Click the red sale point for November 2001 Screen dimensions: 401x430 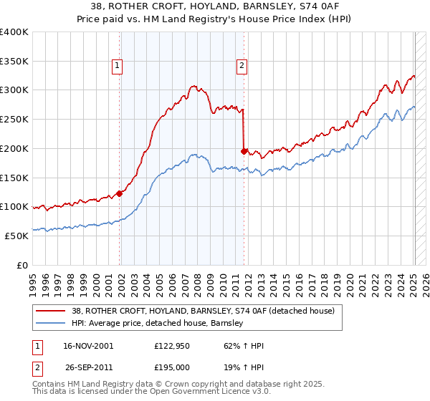coord(120,193)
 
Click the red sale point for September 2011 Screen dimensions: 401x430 coord(244,151)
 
